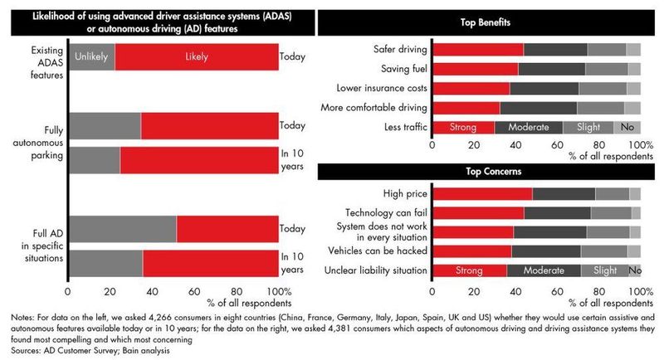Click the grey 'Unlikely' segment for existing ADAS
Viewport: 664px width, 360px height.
tap(91, 57)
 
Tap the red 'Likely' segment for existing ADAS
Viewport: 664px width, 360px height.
tap(196, 57)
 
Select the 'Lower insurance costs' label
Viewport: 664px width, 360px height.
tap(382, 88)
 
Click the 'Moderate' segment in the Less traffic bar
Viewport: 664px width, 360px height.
tap(528, 127)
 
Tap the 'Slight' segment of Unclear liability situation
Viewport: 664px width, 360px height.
tap(604, 270)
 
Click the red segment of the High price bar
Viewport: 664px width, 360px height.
tap(482, 194)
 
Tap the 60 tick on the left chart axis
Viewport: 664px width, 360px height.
tap(194, 292)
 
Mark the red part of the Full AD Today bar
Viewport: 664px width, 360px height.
tap(227, 229)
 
